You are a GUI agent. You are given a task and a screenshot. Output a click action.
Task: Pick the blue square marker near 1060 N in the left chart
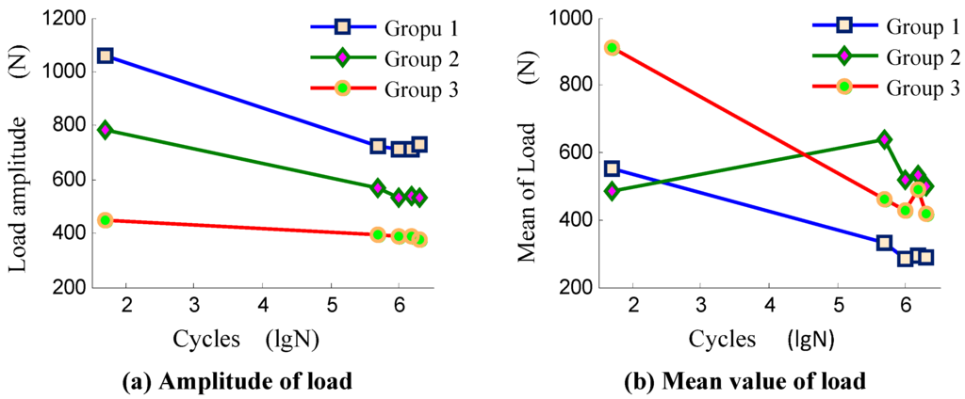(x=106, y=56)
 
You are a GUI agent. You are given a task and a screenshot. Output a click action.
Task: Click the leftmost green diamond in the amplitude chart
(x=106, y=130)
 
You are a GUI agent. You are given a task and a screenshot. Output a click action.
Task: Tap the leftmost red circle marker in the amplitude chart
(x=106, y=220)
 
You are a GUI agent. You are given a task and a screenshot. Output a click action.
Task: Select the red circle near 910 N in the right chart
(x=613, y=48)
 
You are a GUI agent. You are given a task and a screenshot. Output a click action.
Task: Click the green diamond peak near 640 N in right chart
(x=884, y=139)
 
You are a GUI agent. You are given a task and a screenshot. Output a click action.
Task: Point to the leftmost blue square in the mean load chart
(x=613, y=168)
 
